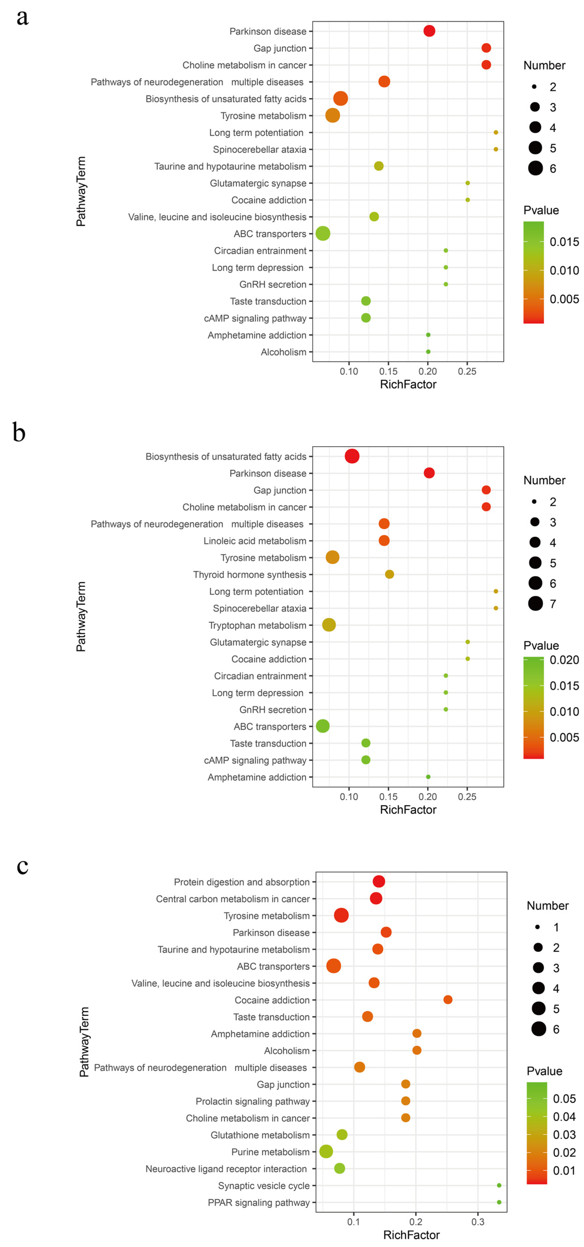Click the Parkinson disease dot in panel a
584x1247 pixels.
click(429, 31)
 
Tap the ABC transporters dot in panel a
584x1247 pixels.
click(323, 233)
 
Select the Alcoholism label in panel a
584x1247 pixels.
click(283, 352)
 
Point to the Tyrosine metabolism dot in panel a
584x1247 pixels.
click(333, 115)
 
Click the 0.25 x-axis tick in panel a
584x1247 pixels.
click(467, 371)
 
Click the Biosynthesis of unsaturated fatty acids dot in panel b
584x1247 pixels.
click(352, 456)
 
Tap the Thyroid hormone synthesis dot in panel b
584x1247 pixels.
click(389, 574)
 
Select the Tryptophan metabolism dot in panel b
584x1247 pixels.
click(329, 625)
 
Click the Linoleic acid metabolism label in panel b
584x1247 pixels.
click(255, 541)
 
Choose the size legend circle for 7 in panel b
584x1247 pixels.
click(535, 604)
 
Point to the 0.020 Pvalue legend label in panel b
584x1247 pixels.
click(564, 660)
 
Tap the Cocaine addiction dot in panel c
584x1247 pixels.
click(448, 1000)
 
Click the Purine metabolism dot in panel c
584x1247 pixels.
click(326, 1152)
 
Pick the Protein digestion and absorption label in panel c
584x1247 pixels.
click(241, 882)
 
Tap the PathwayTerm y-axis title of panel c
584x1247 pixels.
click(84, 1042)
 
